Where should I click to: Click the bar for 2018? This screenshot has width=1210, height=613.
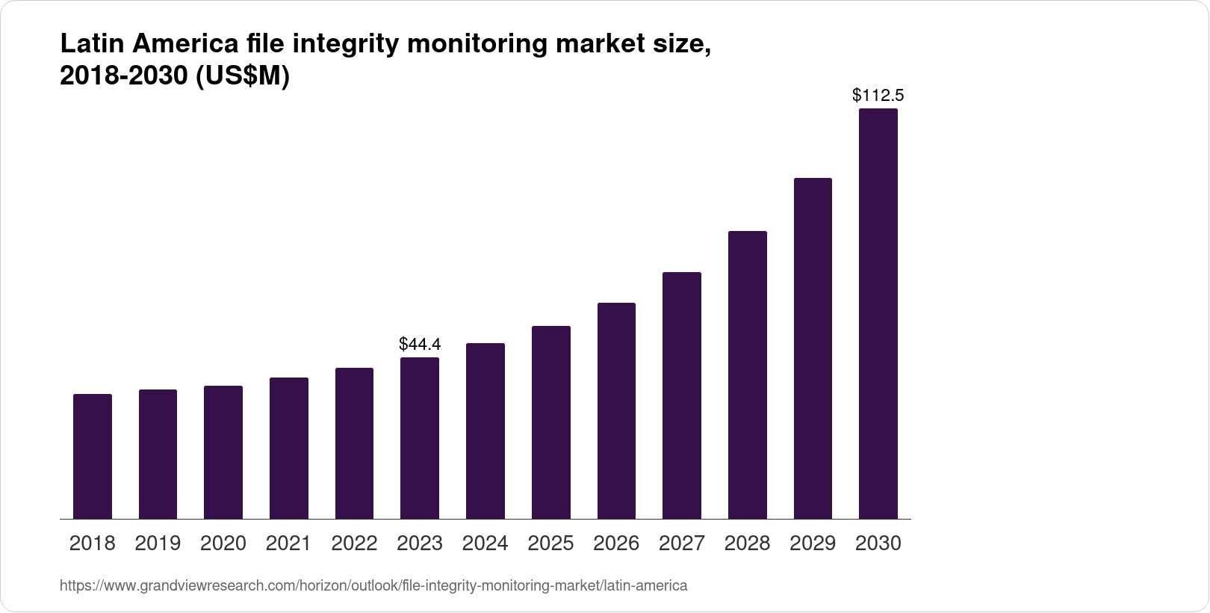click(x=93, y=456)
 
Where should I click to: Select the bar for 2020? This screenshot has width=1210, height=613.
click(x=223, y=452)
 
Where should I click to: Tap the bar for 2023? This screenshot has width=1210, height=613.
click(x=420, y=438)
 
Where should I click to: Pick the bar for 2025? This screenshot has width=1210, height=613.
click(x=550, y=422)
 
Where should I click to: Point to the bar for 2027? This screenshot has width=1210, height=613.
click(x=681, y=395)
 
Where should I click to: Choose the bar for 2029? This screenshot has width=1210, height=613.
click(x=813, y=348)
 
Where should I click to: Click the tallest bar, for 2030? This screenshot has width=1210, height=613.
click(x=878, y=314)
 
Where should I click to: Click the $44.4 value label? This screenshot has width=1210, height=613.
click(x=420, y=345)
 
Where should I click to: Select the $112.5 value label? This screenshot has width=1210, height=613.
click(x=878, y=96)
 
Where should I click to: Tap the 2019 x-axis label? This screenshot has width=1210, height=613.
click(x=158, y=543)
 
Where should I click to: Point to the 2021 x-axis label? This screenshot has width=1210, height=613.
click(x=288, y=543)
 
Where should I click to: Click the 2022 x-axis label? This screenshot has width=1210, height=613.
click(x=354, y=543)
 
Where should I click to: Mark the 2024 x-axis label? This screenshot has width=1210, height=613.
click(x=485, y=543)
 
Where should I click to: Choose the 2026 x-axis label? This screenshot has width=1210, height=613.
click(x=616, y=543)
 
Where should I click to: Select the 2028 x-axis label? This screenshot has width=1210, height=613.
click(x=747, y=543)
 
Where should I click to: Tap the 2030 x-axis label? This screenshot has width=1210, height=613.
click(x=878, y=543)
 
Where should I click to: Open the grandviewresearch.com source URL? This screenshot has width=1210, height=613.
click(x=373, y=586)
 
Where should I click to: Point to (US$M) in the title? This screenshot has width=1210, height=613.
click(x=242, y=77)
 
